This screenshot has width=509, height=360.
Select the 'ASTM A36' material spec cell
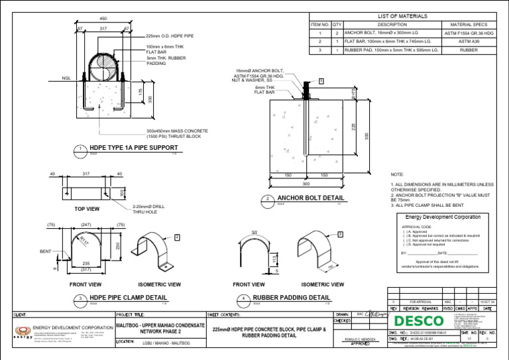pos(469,41)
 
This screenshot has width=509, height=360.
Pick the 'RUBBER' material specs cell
pos(469,50)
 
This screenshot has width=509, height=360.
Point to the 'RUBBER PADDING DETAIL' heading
pos(291,298)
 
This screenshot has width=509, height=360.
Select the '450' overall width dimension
pos(103,18)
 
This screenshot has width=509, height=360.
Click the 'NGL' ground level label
pos(66,78)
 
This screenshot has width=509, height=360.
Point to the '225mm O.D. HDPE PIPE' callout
pos(170,36)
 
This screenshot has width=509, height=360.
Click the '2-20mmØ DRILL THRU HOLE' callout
pos(149,209)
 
